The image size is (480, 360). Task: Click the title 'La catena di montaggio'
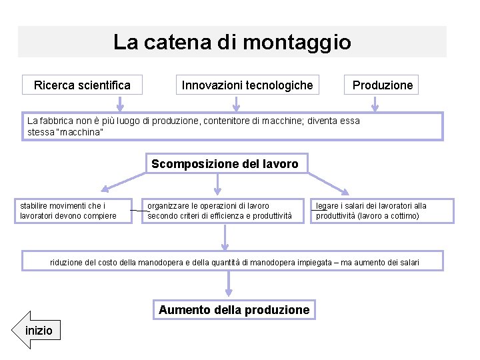coord(231,43)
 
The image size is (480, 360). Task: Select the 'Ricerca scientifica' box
coord(82,85)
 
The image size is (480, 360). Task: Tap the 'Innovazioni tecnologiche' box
coord(247,85)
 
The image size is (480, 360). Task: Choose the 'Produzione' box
coord(382,85)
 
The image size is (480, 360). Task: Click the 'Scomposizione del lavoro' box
coord(225,164)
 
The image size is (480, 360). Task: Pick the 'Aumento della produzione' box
coord(234,310)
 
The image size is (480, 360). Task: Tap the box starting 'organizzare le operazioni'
coord(221,211)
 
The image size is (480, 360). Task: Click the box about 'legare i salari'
coord(381,211)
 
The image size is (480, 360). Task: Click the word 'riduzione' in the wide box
coord(69,262)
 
